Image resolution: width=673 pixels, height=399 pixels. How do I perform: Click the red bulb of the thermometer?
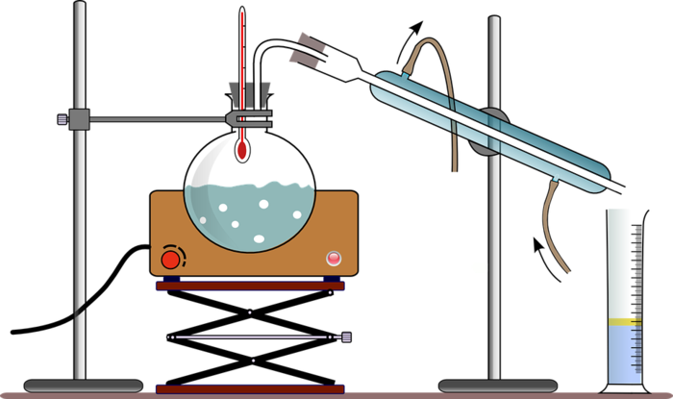tap(242, 150)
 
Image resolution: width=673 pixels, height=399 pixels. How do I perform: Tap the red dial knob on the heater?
tap(170, 259)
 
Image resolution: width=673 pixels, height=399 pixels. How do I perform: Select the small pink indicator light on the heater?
tap(334, 258)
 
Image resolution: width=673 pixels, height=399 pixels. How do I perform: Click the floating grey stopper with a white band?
tap(307, 49)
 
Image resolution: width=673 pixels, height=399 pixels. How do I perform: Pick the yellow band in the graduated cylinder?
tap(624, 319)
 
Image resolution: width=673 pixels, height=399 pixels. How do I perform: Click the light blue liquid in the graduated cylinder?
tap(624, 354)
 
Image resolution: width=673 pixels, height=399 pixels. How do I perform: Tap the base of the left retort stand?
tap(82, 386)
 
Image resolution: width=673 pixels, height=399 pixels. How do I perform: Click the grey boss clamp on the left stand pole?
tap(78, 119)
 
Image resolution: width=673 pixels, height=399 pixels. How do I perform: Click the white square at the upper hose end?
tap(452, 178)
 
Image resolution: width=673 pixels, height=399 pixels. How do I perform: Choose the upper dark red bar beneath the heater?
tap(250, 286)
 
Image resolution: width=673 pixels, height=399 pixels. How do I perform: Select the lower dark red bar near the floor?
tap(250, 388)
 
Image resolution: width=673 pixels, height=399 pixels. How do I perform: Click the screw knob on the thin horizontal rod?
tap(345, 337)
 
